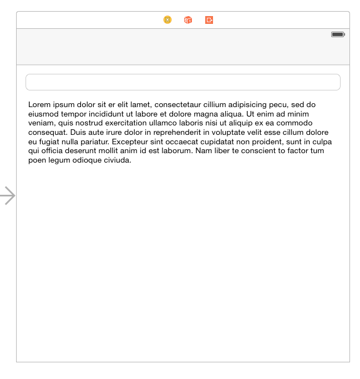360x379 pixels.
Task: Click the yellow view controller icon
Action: point(168,20)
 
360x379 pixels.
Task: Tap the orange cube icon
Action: point(188,20)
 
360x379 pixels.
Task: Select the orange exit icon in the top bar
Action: point(209,20)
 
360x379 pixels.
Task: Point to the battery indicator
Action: point(338,34)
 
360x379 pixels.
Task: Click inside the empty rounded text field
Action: point(182,82)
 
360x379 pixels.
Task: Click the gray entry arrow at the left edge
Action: point(8,195)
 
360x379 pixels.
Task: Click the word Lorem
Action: point(39,104)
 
